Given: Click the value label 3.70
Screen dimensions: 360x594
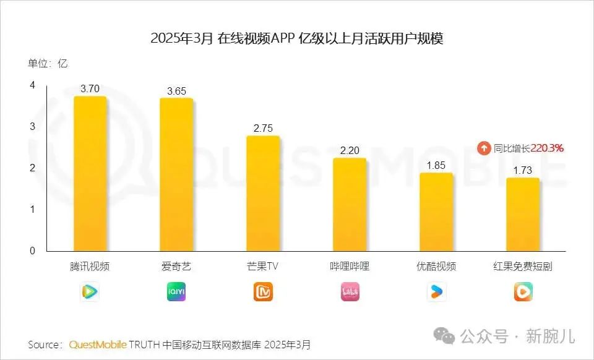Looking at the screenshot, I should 90,88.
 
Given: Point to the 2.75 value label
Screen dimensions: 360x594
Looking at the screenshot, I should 263,128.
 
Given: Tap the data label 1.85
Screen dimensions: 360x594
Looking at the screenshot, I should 436,165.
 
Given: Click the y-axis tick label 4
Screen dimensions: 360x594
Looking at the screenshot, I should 32,85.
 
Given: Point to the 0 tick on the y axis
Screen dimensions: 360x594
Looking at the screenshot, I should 32,251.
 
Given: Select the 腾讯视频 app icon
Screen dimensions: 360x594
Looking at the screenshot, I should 90,291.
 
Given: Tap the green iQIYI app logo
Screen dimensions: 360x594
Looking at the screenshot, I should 176,291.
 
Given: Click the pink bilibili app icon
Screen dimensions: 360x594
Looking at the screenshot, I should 350,291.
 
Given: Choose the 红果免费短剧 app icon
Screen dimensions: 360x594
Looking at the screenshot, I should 523,291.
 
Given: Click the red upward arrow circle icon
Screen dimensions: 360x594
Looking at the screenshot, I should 483,148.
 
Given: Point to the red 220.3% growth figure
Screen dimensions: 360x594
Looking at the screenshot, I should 547,148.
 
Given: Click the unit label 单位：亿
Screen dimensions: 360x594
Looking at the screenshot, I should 48,64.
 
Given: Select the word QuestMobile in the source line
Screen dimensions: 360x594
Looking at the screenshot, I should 98,344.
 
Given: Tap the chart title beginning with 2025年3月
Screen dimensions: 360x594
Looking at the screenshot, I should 297,38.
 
